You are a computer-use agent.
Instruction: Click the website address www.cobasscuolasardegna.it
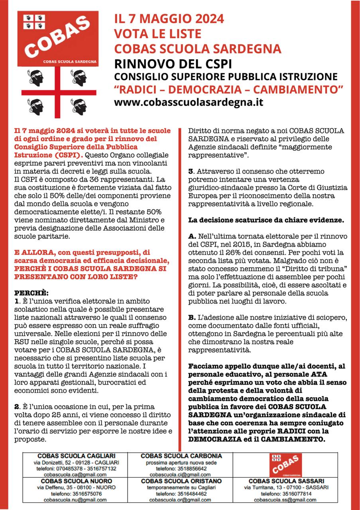pos(189,102)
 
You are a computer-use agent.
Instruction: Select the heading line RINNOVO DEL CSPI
pos(173,64)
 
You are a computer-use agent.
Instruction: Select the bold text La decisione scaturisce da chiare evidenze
pos(266,220)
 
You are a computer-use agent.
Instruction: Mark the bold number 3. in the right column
pos(191,171)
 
